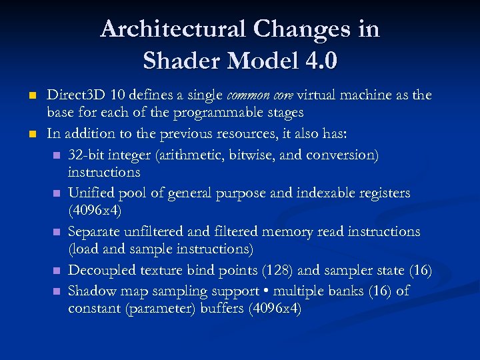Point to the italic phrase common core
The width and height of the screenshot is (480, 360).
point(267,95)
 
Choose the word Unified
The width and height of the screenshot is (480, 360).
point(92,193)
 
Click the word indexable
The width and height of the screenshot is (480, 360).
point(326,193)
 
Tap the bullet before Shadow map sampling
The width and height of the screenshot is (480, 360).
point(57,292)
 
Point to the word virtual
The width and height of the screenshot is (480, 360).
point(319,95)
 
